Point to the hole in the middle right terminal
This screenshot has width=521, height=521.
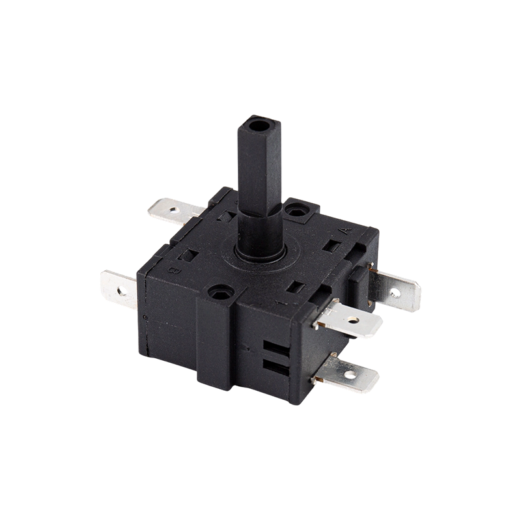352,320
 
